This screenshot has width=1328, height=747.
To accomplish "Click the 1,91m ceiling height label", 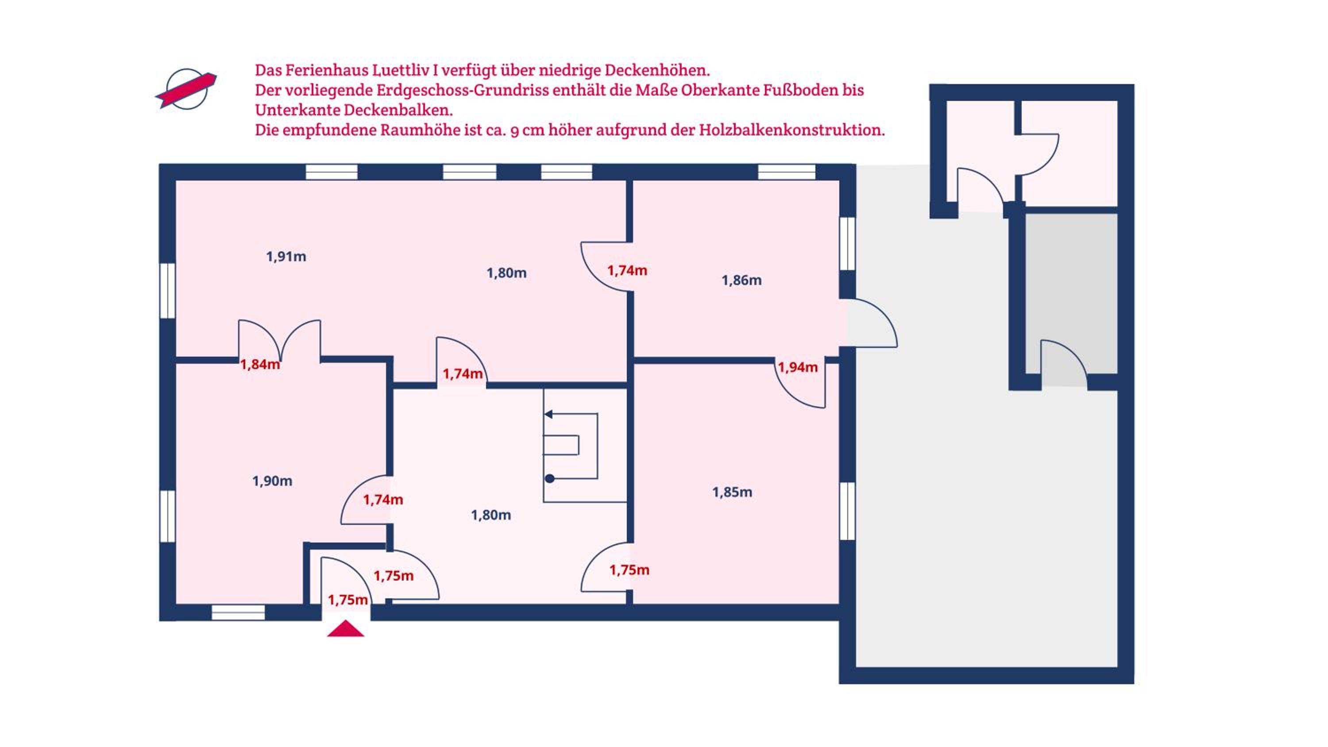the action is pyautogui.click(x=286, y=257).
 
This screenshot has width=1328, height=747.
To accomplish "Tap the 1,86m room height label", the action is pyautogui.click(x=741, y=281).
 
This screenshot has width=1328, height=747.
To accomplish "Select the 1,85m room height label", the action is pyautogui.click(x=732, y=493).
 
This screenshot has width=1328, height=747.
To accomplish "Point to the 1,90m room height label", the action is pyautogui.click(x=272, y=481).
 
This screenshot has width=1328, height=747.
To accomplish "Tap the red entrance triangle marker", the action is pyautogui.click(x=345, y=629).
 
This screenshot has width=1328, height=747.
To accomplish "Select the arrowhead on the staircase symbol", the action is pyautogui.click(x=548, y=414).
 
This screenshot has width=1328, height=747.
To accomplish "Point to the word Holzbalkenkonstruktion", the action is pyautogui.click(x=792, y=130).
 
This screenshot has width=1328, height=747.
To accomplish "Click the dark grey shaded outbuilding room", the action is pyautogui.click(x=1071, y=293).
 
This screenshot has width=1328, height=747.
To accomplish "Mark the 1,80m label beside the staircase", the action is pyautogui.click(x=491, y=515).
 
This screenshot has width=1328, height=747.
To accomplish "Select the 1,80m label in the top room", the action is pyautogui.click(x=507, y=273).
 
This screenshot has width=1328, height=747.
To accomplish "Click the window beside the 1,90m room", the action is pyautogui.click(x=167, y=516).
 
